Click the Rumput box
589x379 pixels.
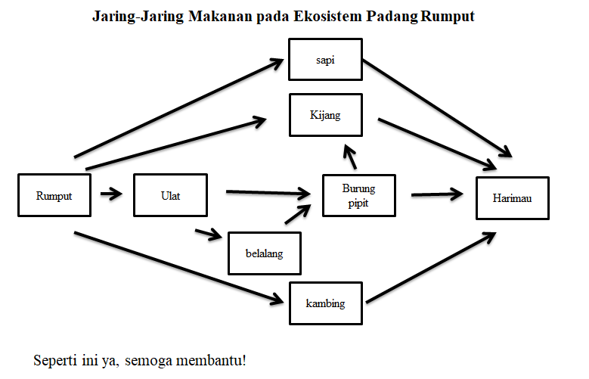[x=54, y=195]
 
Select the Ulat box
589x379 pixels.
[x=170, y=195]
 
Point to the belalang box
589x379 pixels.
[x=265, y=253]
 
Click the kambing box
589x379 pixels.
[x=325, y=303]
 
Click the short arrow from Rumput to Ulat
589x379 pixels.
[x=111, y=194]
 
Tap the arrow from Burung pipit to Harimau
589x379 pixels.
[x=437, y=194]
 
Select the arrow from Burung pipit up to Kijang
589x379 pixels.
[x=349, y=157]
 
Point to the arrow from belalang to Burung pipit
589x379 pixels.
[x=299, y=214]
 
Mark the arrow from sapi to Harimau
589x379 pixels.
[x=435, y=107]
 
